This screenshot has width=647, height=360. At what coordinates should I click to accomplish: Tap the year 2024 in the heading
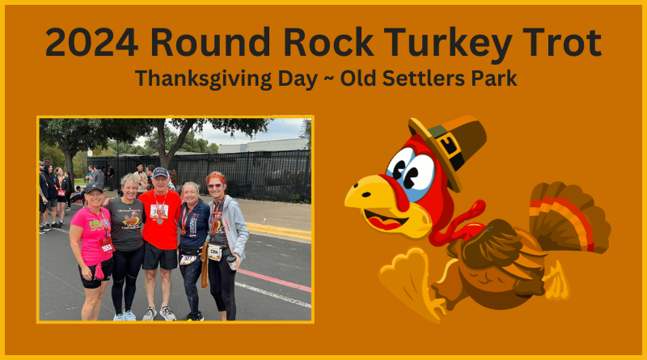coord(91,42)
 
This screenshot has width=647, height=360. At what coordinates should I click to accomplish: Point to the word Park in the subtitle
coord(493,78)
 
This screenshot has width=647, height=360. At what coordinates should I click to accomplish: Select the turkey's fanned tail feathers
coord(569,217)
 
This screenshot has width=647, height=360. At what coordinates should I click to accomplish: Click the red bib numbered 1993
coord(107,246)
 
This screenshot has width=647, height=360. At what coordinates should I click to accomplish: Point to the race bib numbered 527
coord(188,259)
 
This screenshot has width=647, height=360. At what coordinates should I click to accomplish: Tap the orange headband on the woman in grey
coord(216,178)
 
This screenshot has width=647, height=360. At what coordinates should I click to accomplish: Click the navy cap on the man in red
coord(160,172)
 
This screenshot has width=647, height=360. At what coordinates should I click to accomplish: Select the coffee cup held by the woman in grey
coord(232,262)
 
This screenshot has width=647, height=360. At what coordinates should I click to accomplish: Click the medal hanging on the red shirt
coord(160,221)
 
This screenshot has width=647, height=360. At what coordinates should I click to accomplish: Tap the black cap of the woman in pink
coord(94,188)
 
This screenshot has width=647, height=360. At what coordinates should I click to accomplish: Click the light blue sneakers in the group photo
coord(125,316)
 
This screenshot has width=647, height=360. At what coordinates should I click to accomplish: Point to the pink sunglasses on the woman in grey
coord(215,186)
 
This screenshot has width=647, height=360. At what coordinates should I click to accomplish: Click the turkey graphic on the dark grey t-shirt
coord(132,220)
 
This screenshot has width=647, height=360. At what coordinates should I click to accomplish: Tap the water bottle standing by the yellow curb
coord(264,222)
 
